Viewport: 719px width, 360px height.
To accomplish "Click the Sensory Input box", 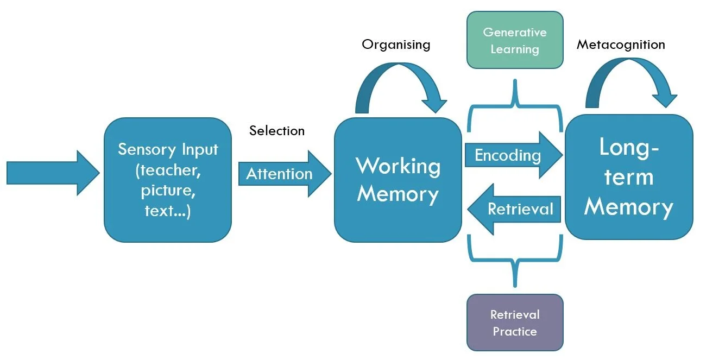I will pyautogui.click(x=167, y=180).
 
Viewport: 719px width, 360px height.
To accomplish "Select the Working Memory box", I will pyautogui.click(x=398, y=180).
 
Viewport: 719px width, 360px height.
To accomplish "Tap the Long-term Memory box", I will pyautogui.click(x=628, y=177).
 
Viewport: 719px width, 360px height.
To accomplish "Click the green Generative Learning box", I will pyautogui.click(x=514, y=40).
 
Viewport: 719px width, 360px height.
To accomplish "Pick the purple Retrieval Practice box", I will pyautogui.click(x=514, y=323).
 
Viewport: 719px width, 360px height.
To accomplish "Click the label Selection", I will pyautogui.click(x=277, y=131).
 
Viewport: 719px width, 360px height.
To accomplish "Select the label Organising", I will pyautogui.click(x=396, y=45).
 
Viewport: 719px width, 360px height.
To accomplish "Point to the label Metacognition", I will pyautogui.click(x=621, y=45).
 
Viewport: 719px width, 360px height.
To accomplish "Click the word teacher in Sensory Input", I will pyautogui.click(x=168, y=170).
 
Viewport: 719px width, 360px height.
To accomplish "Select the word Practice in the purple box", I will pyautogui.click(x=514, y=331).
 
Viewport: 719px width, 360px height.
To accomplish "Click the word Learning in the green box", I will pyautogui.click(x=514, y=49).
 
